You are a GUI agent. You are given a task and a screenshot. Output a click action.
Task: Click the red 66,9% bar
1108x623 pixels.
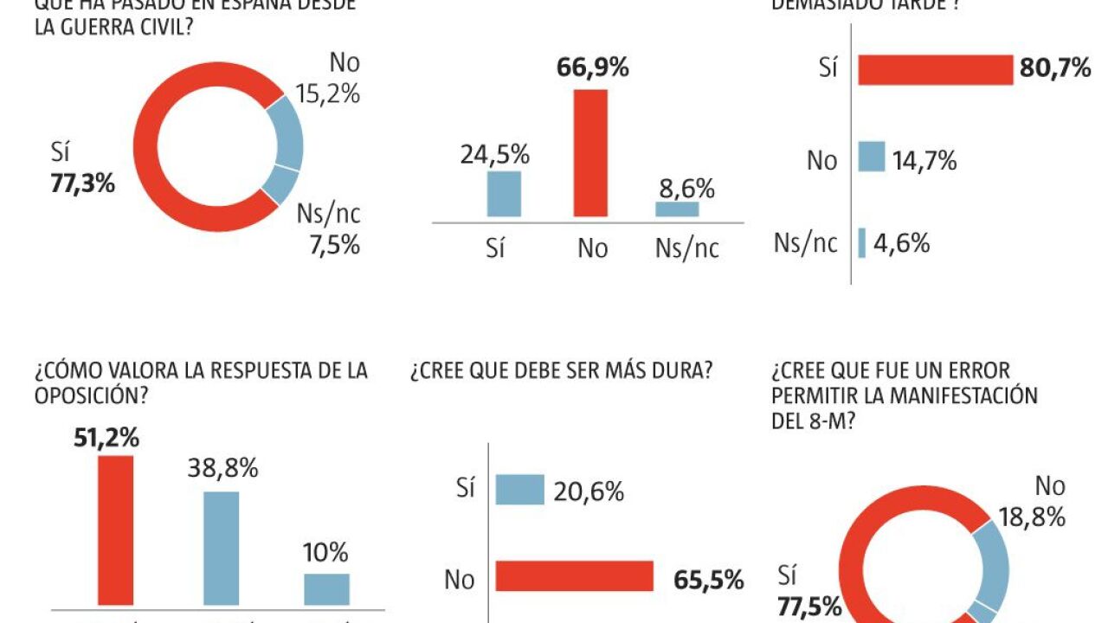click(x=591, y=152)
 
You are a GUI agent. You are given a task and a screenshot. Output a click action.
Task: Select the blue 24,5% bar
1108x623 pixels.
click(x=504, y=194)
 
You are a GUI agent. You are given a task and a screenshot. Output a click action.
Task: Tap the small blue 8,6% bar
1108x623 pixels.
click(x=677, y=209)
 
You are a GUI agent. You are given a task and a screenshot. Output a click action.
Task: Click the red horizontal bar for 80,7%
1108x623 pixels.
click(x=935, y=70)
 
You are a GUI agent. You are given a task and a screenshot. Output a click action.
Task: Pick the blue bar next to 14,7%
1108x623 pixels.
click(x=872, y=157)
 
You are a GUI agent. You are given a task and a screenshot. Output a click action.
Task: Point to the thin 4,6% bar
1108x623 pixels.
click(x=861, y=243)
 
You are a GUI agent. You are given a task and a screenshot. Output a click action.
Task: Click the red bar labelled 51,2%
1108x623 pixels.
click(x=116, y=530)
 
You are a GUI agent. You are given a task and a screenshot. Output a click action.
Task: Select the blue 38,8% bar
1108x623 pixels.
click(x=222, y=548)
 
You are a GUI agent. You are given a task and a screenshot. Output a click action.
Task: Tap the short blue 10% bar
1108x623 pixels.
click(x=327, y=588)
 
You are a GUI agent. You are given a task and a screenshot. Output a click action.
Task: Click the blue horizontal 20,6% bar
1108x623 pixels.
click(x=519, y=489)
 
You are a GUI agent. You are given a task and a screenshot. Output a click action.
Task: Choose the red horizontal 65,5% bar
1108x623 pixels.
click(x=574, y=576)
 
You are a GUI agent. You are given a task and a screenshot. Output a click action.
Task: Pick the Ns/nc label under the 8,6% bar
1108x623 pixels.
click(x=687, y=248)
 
